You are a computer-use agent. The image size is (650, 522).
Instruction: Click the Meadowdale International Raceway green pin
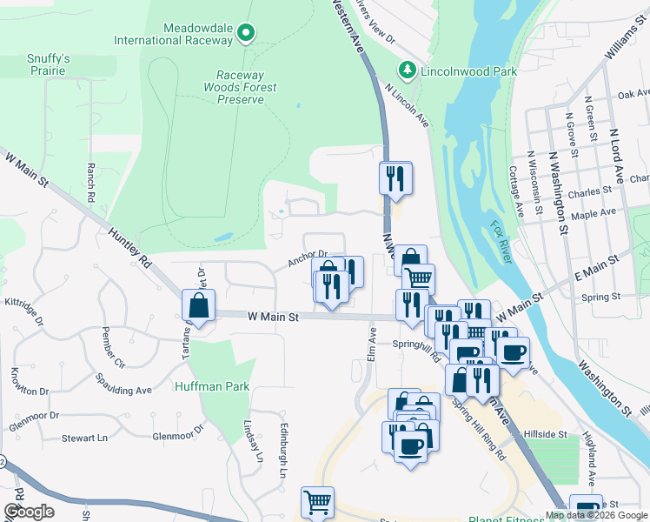(x=246, y=34)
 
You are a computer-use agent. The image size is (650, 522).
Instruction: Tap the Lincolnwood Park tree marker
(x=406, y=69)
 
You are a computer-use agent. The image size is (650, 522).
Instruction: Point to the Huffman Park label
(x=212, y=386)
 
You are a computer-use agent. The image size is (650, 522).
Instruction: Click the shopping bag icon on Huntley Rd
(x=199, y=306)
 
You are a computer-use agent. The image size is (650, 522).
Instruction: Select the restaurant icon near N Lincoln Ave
(x=395, y=178)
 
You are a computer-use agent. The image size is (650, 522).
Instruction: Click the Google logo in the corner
(x=29, y=511)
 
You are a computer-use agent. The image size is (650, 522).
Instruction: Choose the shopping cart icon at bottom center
(x=317, y=503)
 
